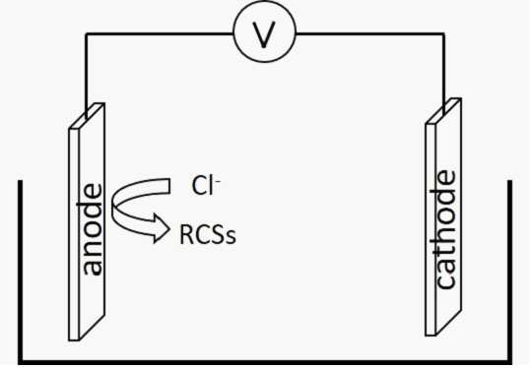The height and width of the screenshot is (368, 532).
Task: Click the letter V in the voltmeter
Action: [x=264, y=34]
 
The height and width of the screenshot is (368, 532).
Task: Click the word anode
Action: [x=92, y=229]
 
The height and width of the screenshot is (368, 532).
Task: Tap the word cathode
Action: [x=444, y=229]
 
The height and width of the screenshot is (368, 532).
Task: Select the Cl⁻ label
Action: [x=206, y=186]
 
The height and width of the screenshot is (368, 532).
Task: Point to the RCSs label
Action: [x=208, y=235]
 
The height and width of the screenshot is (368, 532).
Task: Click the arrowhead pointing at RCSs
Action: [x=163, y=227]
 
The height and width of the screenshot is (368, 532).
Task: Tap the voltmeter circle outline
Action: [x=265, y=3]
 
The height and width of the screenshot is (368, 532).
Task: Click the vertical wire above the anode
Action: [x=86, y=75]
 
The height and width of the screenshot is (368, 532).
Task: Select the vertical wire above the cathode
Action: [x=443, y=73]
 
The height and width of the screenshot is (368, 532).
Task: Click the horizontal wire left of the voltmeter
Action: [x=160, y=33]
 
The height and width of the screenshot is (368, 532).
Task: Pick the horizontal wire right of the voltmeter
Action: [x=370, y=33]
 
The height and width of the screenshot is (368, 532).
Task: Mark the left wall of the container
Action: [x=21, y=273]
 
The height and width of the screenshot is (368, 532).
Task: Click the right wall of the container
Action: [x=509, y=273]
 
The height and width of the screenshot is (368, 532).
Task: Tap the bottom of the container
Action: [x=265, y=362]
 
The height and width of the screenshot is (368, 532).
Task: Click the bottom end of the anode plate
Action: [x=74, y=339]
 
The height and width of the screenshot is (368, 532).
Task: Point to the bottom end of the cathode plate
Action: [x=431, y=336]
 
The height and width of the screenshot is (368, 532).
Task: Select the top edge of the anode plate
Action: [x=87, y=116]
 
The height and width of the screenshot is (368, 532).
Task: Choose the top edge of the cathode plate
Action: [x=443, y=111]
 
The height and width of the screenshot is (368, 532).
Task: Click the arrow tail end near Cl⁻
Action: [x=169, y=186]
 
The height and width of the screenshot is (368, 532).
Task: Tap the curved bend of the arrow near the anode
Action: [x=113, y=206]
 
